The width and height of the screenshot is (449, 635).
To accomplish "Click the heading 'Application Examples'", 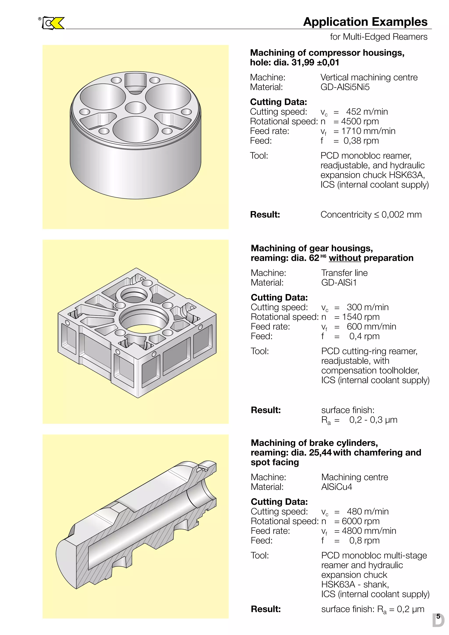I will click(x=365, y=22).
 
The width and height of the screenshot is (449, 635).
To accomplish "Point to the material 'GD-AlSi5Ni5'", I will click(x=345, y=87).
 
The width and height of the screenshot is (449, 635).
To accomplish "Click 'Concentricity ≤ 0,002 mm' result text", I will click(x=371, y=215).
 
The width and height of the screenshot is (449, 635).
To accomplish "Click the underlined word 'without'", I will click(x=345, y=258).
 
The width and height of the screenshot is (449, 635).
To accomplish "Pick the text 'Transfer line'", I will click(x=344, y=273).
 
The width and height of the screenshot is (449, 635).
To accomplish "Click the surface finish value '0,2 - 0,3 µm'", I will click(x=373, y=420).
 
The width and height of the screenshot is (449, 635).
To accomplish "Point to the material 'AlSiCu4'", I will click(x=337, y=487).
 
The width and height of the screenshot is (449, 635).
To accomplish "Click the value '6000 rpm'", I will click(x=360, y=521).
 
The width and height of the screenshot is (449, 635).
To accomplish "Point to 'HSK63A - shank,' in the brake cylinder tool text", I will click(x=355, y=584).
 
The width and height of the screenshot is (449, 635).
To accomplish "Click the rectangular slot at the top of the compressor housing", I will click(x=135, y=81).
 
